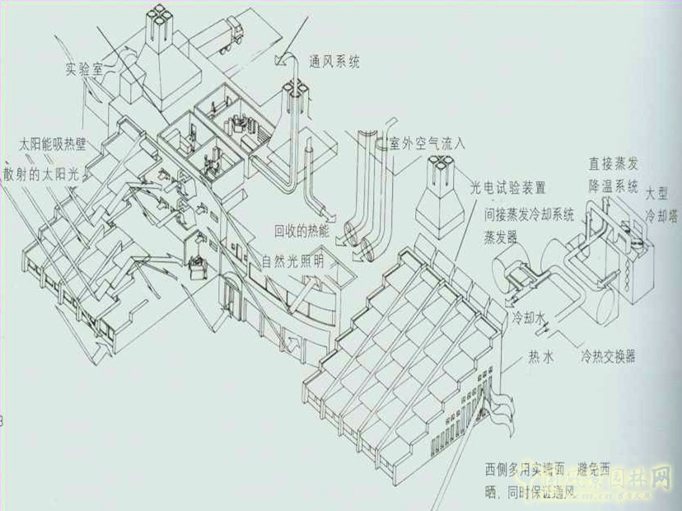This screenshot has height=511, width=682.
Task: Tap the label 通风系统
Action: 333,61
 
